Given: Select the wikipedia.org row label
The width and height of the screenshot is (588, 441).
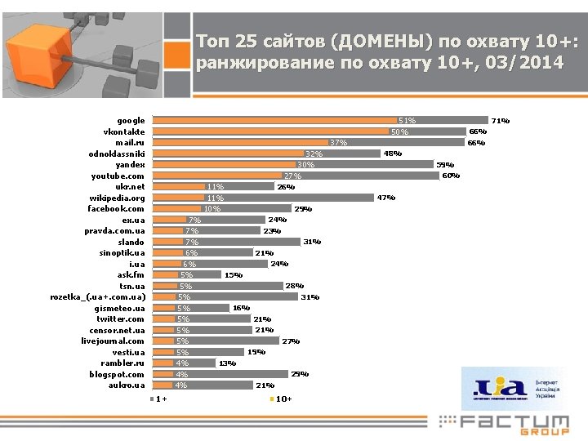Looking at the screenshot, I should (x=117, y=198).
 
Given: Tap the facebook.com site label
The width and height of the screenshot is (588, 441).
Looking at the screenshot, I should (x=116, y=209).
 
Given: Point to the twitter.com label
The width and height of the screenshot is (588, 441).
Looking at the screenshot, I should (x=119, y=319).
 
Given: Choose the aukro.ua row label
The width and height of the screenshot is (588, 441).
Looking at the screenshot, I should (x=126, y=385).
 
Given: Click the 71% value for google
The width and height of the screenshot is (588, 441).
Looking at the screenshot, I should (x=500, y=121).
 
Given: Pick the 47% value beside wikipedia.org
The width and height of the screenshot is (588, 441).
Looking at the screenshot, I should (x=385, y=198).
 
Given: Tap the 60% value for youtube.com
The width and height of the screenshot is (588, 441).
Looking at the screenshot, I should (x=451, y=176).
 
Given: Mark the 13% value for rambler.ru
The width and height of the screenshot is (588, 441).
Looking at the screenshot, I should (x=227, y=363).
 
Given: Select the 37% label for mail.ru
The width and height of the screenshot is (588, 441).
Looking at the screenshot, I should (x=339, y=143).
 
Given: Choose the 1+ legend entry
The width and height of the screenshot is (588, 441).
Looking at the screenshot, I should (x=158, y=399).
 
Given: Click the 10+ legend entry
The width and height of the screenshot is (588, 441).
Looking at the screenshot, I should (x=281, y=399).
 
